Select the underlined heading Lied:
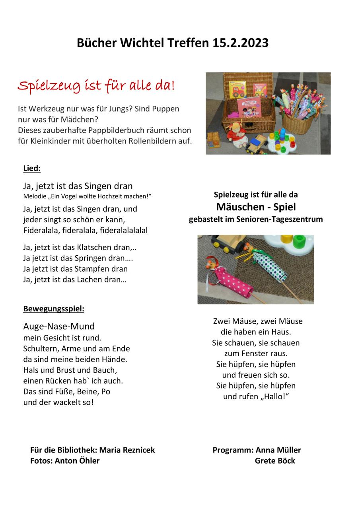tap(32, 168)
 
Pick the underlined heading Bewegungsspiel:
tap(54, 309)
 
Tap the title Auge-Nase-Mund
tap(59, 326)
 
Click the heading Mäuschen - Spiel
tap(256, 207)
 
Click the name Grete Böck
tap(275, 460)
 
